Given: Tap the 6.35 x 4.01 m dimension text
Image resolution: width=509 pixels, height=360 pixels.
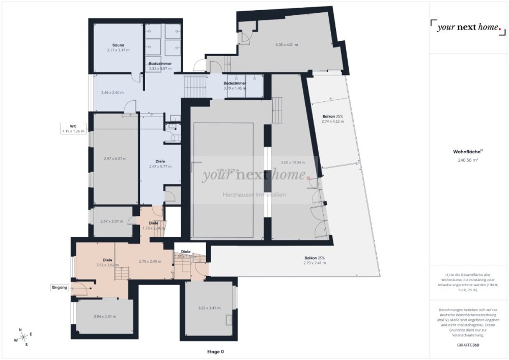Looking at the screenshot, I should tap(287, 45).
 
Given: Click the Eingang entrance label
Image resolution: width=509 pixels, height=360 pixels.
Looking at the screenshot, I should tap(59, 288).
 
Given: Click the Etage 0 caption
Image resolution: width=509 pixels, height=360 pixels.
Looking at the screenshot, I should tap(215, 351).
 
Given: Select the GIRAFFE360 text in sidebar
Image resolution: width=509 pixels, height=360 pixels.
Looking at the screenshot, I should tap(468, 345).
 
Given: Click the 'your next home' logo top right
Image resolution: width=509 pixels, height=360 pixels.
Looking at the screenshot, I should tap(468, 27).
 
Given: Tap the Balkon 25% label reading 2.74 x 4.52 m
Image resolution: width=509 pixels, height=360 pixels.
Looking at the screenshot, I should tap(332, 119).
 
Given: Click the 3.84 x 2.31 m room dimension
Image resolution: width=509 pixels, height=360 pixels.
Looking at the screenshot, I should tap(105, 316).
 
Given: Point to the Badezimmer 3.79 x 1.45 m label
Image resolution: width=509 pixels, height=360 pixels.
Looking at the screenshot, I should tap(235, 86).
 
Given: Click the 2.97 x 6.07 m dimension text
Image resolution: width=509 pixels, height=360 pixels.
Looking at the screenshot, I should tap(115, 158).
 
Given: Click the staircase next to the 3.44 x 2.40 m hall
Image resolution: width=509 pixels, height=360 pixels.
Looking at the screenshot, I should tap(195, 87).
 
